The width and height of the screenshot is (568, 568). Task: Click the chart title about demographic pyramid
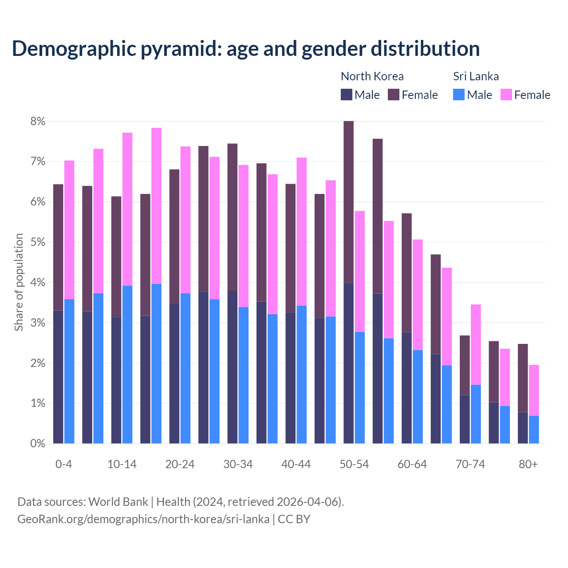[245, 48]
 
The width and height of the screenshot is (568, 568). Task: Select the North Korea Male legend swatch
[347, 95]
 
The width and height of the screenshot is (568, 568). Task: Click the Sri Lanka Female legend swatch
[506, 95]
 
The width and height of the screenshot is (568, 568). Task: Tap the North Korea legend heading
[372, 76]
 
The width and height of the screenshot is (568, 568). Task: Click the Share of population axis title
[19, 282]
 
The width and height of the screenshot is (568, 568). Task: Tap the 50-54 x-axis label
[354, 464]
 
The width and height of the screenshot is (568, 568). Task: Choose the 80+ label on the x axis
[528, 464]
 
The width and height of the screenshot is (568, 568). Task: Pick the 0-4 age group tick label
[63, 464]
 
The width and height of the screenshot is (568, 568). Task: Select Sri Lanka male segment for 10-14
[127, 364]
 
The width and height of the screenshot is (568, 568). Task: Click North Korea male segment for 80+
[523, 428]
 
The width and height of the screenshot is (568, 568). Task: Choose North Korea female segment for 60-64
[406, 272]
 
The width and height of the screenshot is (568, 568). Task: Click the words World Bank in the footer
[118, 502]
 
